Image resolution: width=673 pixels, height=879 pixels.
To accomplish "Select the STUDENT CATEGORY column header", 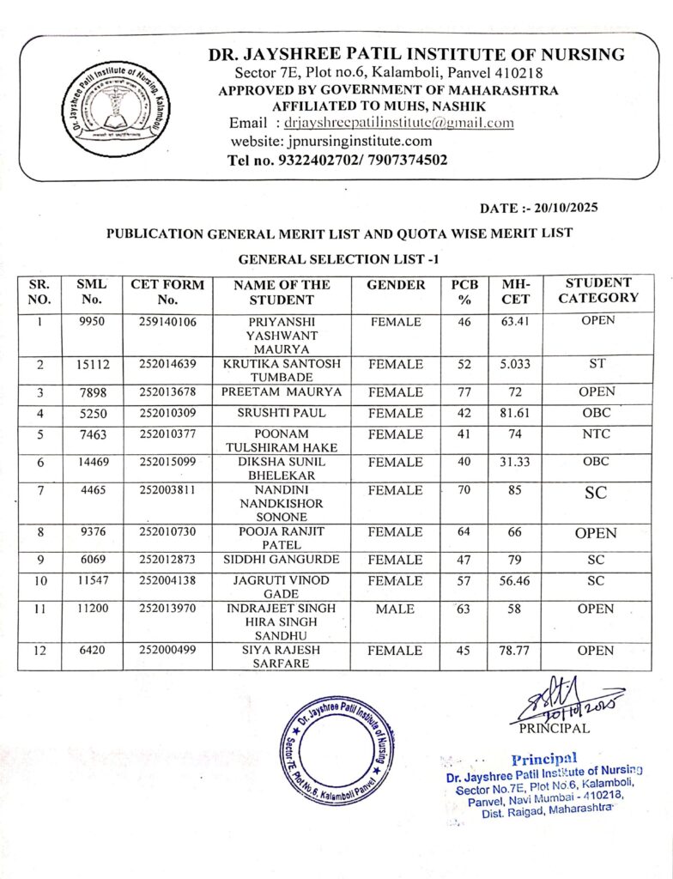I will [598, 290].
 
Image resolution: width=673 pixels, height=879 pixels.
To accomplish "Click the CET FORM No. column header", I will [167, 292].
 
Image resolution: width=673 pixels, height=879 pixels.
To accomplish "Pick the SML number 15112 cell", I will [93, 364].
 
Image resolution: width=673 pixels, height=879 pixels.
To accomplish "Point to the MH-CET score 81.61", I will [515, 414].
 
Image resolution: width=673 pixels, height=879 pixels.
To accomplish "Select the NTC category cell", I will [596, 434].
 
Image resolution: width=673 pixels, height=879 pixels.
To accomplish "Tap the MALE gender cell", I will [395, 609].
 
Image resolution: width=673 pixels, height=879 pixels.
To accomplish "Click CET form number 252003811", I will [167, 489].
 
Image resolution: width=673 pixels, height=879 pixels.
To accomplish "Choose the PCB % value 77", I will [464, 392].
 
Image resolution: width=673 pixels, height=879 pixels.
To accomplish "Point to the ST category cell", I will [597, 364].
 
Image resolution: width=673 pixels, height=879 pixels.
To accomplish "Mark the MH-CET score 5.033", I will [515, 364].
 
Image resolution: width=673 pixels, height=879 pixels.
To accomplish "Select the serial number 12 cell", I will [39, 651].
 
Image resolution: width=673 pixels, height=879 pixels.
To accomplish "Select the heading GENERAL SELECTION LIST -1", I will [336, 258].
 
